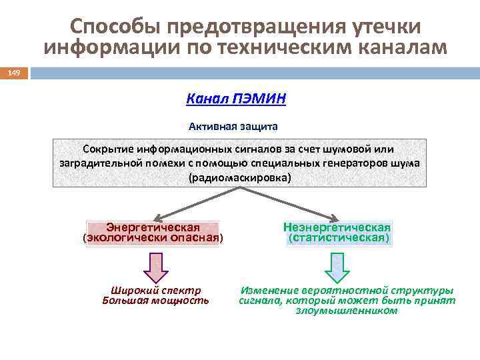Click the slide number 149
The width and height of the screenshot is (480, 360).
(14, 73)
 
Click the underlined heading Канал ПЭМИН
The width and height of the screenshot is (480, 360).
(236, 99)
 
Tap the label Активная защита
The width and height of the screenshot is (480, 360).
(233, 125)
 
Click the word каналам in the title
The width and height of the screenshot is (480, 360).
(397, 48)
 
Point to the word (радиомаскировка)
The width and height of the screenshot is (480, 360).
(240, 178)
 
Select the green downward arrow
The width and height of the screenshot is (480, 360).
(337, 267)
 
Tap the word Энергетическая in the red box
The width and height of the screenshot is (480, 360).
(153, 227)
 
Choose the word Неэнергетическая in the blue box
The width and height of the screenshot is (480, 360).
(337, 227)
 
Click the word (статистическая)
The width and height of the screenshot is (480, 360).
(338, 237)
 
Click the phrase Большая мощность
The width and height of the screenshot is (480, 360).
(156, 301)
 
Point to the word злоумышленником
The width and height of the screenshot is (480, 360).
(347, 311)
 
